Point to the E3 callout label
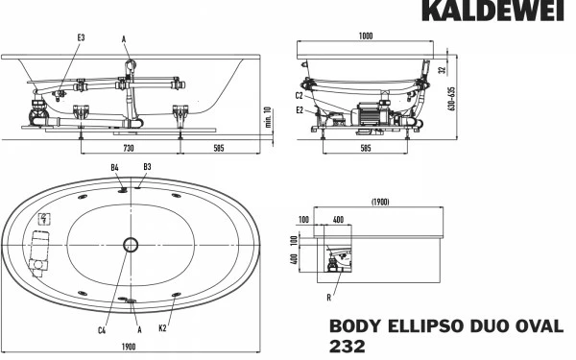(81, 36)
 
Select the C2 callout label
(300, 95)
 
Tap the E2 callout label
(300, 110)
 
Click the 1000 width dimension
(366, 36)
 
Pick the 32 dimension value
(442, 69)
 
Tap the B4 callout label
(114, 168)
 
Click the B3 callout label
(146, 168)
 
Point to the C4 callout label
(102, 330)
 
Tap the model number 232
(348, 348)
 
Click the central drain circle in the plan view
(131, 246)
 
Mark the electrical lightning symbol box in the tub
(42, 219)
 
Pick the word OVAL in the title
(540, 326)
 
